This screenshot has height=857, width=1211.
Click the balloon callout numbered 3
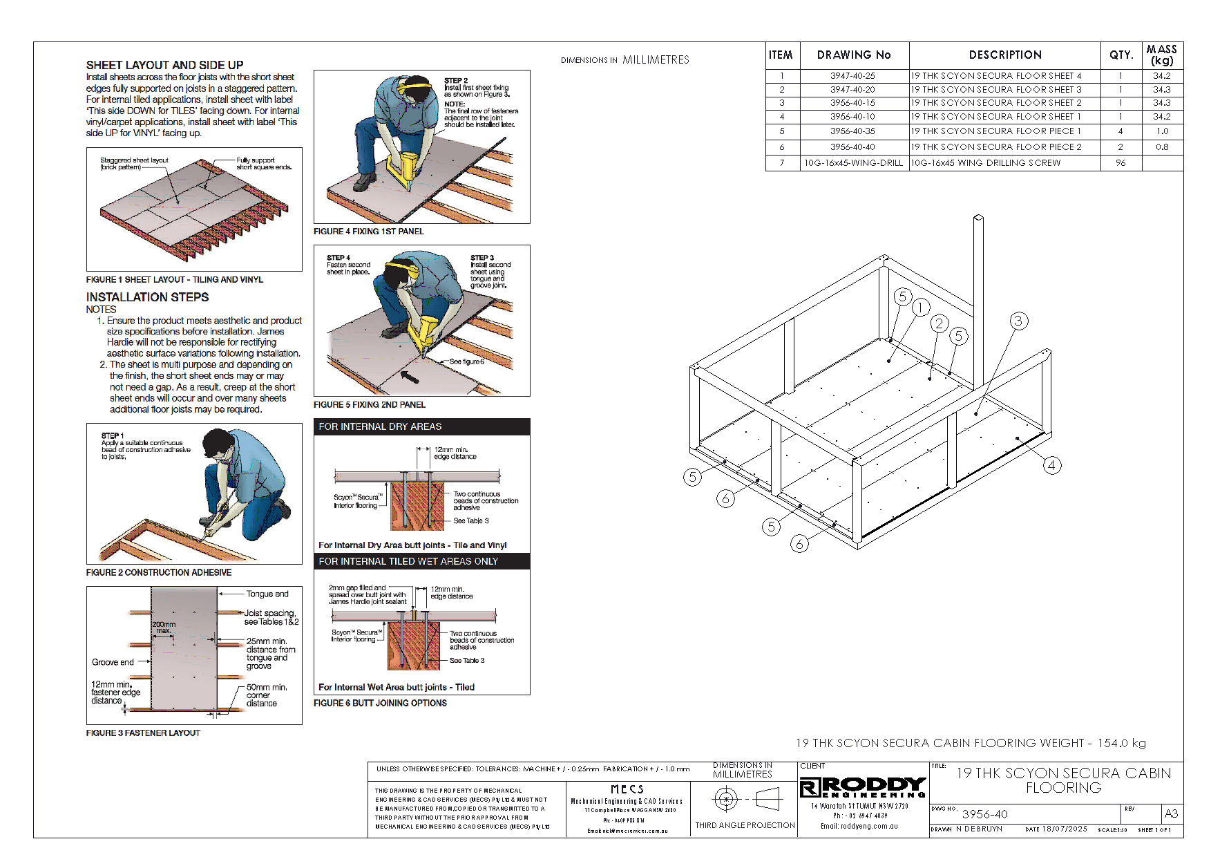pos(1018,321)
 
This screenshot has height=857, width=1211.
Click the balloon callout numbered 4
pos(1051,465)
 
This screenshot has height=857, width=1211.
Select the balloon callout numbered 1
pos(920,308)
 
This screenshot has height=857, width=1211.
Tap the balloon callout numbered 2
pos(939,323)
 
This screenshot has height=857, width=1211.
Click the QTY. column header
pos(1121,55)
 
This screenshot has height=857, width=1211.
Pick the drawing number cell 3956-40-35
pos(853,131)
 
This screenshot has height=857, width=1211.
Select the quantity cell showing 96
pos(1121,163)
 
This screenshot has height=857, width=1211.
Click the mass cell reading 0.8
pos(1162,147)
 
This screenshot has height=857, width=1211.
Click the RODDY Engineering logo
pos(862,787)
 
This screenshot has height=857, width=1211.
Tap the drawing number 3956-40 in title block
pos(984,814)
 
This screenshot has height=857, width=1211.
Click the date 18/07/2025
pos(1064,829)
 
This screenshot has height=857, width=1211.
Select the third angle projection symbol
pos(745,800)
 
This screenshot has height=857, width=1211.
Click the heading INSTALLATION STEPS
pos(147,297)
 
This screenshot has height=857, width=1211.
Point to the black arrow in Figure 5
pos(410,377)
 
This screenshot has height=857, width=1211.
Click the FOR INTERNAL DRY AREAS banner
pos(421,426)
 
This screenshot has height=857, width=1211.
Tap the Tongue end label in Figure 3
pos(267,594)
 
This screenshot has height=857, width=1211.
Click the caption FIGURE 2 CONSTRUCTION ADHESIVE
pos(159,572)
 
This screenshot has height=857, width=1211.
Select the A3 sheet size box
pos(1171,813)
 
